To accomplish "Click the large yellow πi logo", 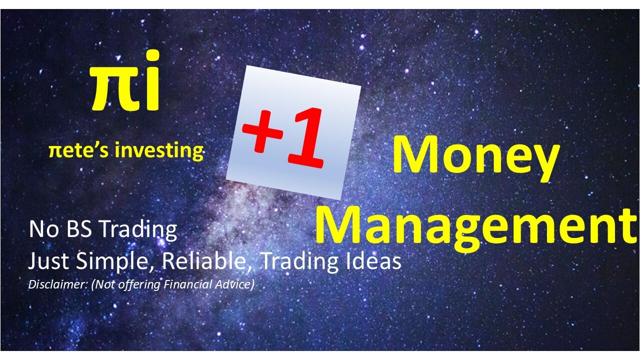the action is [125, 80].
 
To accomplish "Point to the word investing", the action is [159, 150].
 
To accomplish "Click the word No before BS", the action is [43, 229].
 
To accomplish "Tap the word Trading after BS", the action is [138, 230].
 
